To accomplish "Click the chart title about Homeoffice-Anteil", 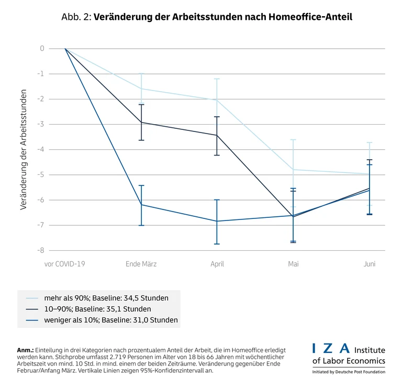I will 201,17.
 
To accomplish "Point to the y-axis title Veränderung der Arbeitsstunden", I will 24,150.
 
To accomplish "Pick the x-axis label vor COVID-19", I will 64,264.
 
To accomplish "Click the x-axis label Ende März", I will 141,264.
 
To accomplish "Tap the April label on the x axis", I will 217,264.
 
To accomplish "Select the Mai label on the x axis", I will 293,264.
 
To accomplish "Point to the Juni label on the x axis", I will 370,264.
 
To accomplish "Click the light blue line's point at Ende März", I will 141,89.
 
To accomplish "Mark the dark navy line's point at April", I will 217,135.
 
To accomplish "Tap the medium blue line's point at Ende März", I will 141,205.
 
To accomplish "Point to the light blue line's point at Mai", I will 293,170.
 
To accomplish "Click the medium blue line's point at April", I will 217,221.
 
